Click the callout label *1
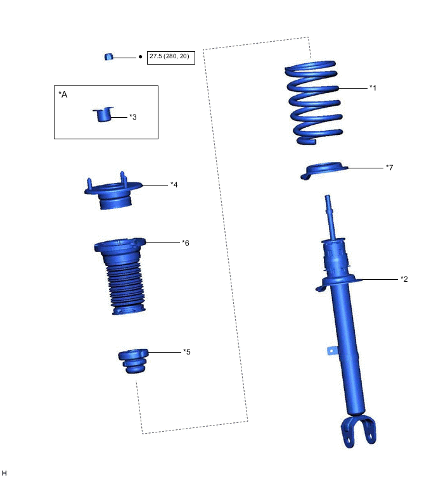373,88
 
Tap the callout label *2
404,279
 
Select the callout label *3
132,116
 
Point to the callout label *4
174,184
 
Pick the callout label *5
187,352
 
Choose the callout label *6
186,242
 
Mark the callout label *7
389,167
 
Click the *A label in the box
63,94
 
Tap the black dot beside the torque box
140,57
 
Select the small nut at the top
108,57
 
